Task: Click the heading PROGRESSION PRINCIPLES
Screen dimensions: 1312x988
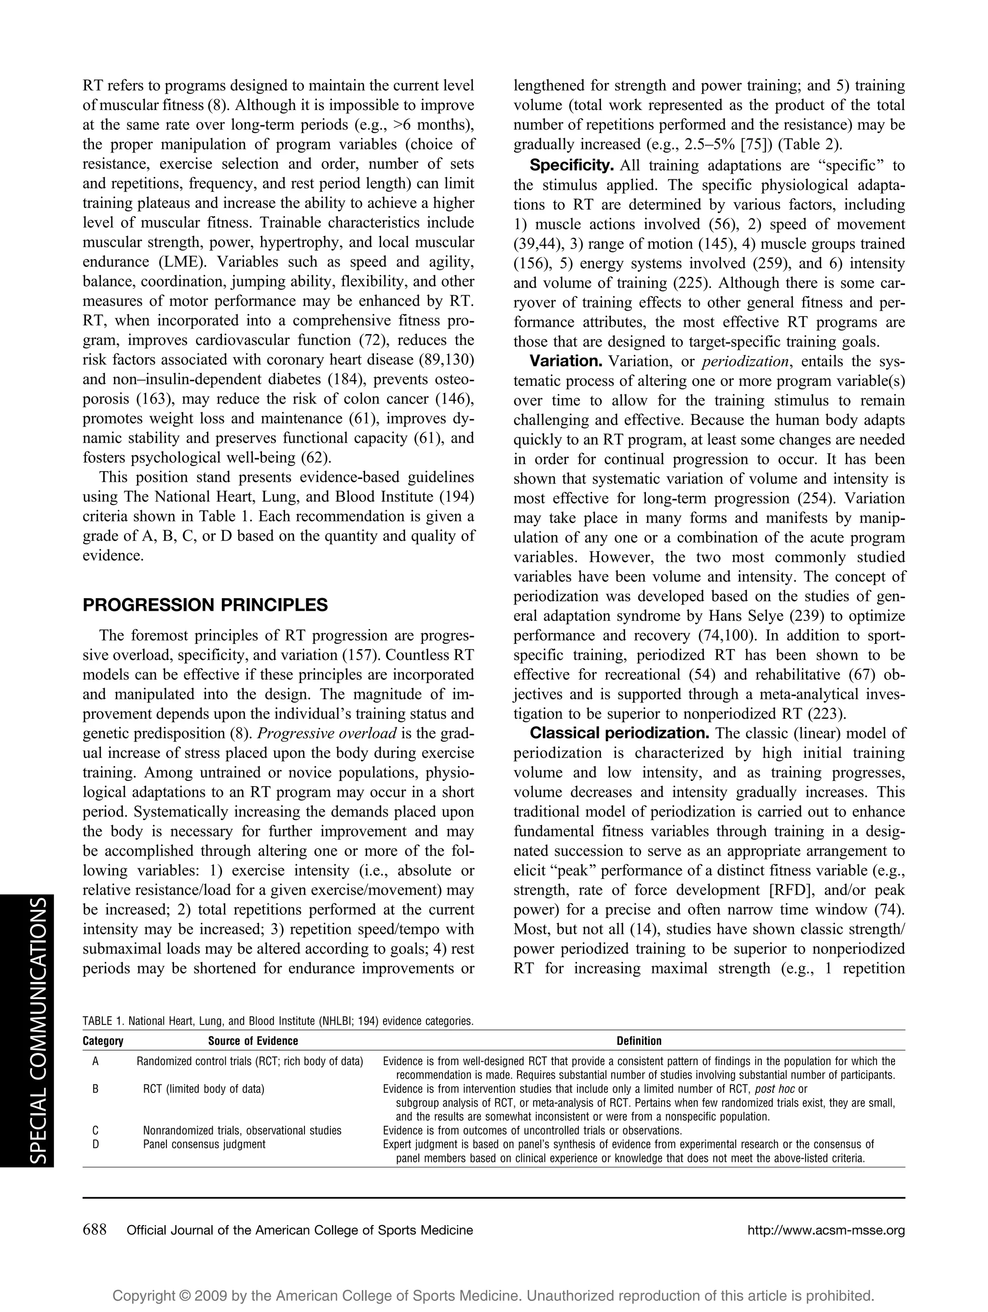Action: coord(205,605)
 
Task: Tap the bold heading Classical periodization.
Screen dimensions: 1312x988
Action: coord(619,733)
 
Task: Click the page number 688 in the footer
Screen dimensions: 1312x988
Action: coord(94,1230)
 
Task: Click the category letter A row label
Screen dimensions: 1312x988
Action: coord(95,1062)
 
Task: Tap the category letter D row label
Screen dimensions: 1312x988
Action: coord(95,1144)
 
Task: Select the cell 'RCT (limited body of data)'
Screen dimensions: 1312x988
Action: coord(204,1089)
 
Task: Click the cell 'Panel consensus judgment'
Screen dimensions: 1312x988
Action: coord(204,1144)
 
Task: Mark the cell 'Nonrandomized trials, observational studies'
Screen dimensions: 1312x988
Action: coord(242,1131)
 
